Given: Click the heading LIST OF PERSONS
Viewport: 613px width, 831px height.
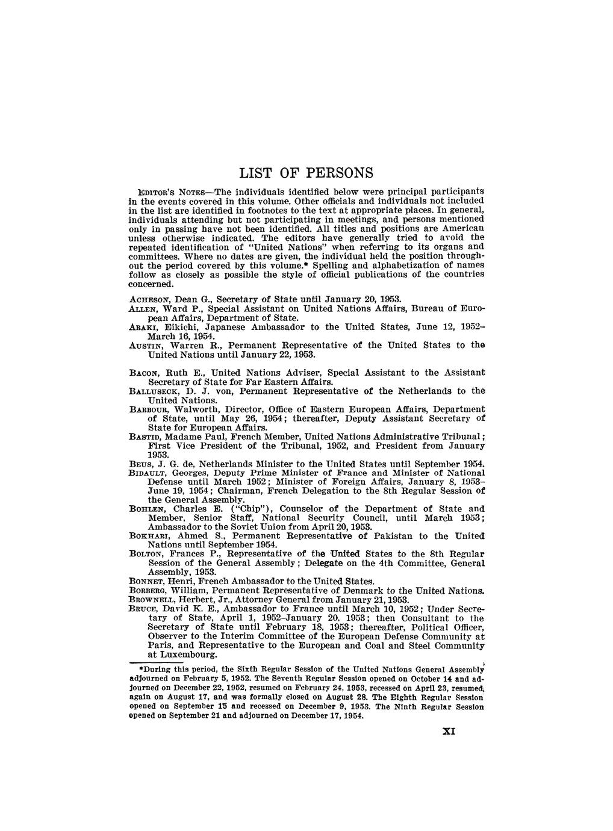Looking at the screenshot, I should [x=307, y=173].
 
